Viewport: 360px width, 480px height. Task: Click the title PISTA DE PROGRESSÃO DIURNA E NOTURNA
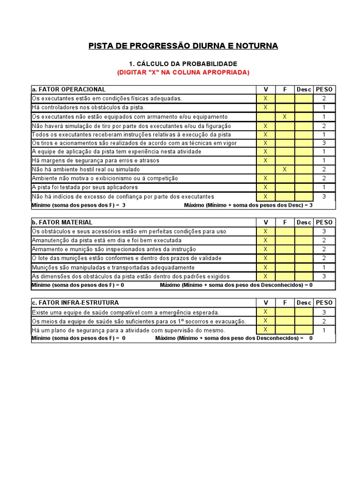click(183, 45)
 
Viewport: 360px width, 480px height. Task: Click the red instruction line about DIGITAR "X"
click(183, 72)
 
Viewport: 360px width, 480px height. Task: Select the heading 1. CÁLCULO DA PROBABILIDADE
click(183, 64)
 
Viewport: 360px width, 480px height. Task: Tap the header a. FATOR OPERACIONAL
click(68, 90)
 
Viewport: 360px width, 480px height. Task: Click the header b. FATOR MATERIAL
click(62, 222)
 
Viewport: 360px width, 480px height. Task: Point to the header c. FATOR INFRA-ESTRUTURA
click(75, 303)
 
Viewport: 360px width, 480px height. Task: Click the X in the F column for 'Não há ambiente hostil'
click(285, 169)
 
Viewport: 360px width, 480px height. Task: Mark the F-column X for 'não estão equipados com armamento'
click(285, 116)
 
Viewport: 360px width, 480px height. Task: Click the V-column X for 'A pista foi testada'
click(265, 187)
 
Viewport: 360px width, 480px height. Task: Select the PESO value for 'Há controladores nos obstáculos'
click(324, 107)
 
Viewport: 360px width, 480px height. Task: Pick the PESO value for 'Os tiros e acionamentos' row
click(324, 143)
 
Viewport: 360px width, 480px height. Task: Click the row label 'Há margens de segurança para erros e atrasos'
click(96, 160)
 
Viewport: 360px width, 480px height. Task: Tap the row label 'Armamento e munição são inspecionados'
click(114, 249)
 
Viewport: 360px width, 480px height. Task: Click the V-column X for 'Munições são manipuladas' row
click(265, 267)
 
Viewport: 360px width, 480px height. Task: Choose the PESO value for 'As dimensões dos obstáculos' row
click(324, 276)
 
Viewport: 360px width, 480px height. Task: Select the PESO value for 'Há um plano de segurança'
click(324, 330)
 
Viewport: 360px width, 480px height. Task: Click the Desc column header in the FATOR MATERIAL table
click(304, 222)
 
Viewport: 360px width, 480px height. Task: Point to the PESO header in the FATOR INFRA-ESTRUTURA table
click(324, 303)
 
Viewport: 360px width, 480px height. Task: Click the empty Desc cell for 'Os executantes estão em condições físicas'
click(304, 98)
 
